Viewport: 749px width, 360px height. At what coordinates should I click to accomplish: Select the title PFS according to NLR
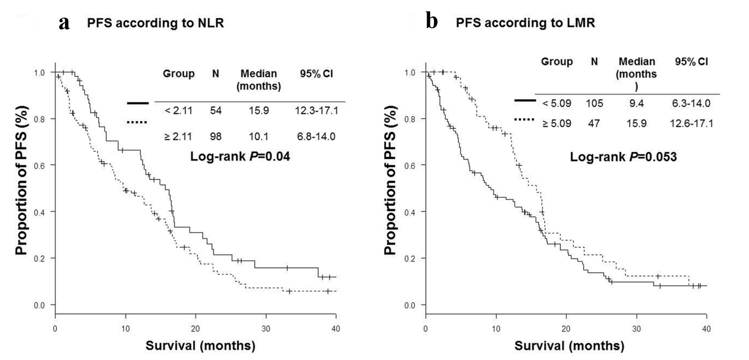click(155, 23)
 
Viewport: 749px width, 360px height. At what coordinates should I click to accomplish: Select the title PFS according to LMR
click(525, 23)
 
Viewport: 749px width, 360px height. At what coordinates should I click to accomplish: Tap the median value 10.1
click(258, 136)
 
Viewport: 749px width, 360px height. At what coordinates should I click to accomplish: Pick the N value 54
click(215, 111)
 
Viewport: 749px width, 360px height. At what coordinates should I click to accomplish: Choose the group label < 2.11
click(178, 111)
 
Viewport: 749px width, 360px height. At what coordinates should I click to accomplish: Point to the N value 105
click(594, 103)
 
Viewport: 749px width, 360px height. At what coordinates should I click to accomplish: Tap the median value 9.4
click(637, 103)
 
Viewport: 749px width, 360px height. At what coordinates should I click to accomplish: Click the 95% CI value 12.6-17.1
click(691, 123)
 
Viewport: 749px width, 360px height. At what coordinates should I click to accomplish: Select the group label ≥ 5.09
click(557, 123)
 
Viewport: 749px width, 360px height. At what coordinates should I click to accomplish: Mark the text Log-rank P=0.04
click(240, 157)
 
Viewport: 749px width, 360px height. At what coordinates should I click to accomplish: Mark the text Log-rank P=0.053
click(623, 157)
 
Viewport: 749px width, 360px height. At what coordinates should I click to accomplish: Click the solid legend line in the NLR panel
click(137, 103)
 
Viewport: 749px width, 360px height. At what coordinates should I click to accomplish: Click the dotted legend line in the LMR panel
click(525, 120)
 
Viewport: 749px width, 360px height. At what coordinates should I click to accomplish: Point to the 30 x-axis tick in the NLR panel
click(266, 328)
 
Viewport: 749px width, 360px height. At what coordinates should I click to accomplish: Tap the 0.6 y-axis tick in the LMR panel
click(410, 165)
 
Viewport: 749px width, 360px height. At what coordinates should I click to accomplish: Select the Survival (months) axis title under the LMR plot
click(569, 346)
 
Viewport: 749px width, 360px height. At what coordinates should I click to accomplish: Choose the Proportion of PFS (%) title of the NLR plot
click(21, 180)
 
